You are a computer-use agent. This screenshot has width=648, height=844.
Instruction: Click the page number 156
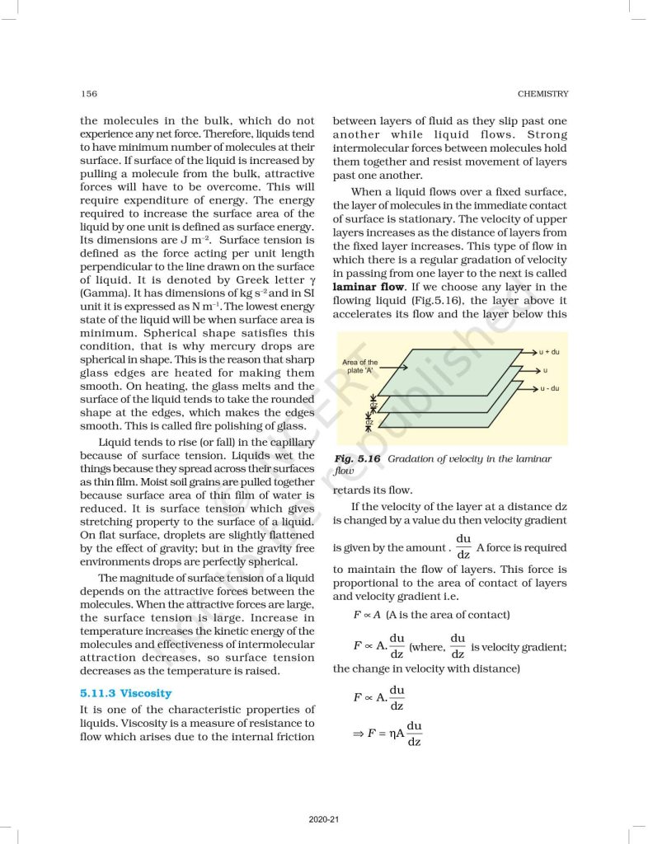(x=88, y=94)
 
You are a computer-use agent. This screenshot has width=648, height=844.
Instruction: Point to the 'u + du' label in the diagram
(x=549, y=352)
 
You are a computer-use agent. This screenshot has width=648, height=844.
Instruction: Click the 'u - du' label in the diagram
(x=549, y=387)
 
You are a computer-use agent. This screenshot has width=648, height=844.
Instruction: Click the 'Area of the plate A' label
(x=359, y=366)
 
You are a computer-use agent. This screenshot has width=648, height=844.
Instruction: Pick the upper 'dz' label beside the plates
(x=371, y=405)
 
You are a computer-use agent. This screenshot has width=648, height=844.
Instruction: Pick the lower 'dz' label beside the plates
(x=370, y=422)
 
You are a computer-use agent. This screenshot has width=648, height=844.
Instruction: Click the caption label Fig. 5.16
(x=356, y=458)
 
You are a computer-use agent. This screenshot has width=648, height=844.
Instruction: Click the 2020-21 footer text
(x=323, y=819)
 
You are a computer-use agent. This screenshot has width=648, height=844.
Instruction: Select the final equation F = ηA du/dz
(x=387, y=733)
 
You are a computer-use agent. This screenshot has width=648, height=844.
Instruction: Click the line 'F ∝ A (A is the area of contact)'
(x=431, y=615)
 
